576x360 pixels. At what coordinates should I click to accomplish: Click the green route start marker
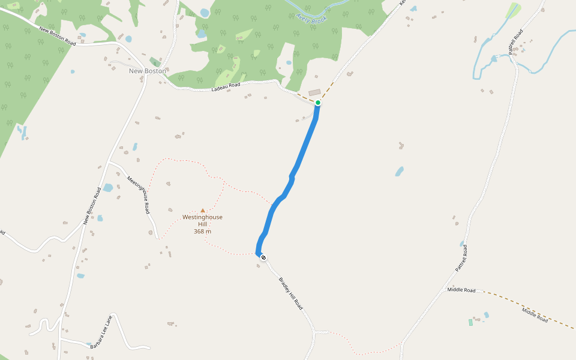coord(318,103)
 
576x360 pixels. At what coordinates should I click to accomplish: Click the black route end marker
coord(263,257)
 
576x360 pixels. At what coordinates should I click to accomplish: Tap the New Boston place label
coord(148,71)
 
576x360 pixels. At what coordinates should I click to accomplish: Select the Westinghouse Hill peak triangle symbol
coord(203,211)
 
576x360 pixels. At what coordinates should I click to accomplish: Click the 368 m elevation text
coord(202,232)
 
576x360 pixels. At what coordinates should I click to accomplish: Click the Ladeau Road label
coord(226,87)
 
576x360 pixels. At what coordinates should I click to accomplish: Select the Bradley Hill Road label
coord(291,293)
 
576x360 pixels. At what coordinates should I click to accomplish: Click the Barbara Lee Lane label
coord(101,332)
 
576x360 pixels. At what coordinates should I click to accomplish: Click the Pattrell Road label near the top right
coord(516,42)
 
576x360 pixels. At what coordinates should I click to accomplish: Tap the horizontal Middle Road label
coord(461,290)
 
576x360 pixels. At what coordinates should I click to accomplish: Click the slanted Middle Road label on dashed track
coord(535,314)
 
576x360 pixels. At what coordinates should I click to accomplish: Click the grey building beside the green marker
coord(314,92)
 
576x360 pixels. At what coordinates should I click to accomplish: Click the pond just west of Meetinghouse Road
coord(108,188)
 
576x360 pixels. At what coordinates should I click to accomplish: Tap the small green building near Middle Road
coord(470,322)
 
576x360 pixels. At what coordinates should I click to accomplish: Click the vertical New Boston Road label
coord(91,206)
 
